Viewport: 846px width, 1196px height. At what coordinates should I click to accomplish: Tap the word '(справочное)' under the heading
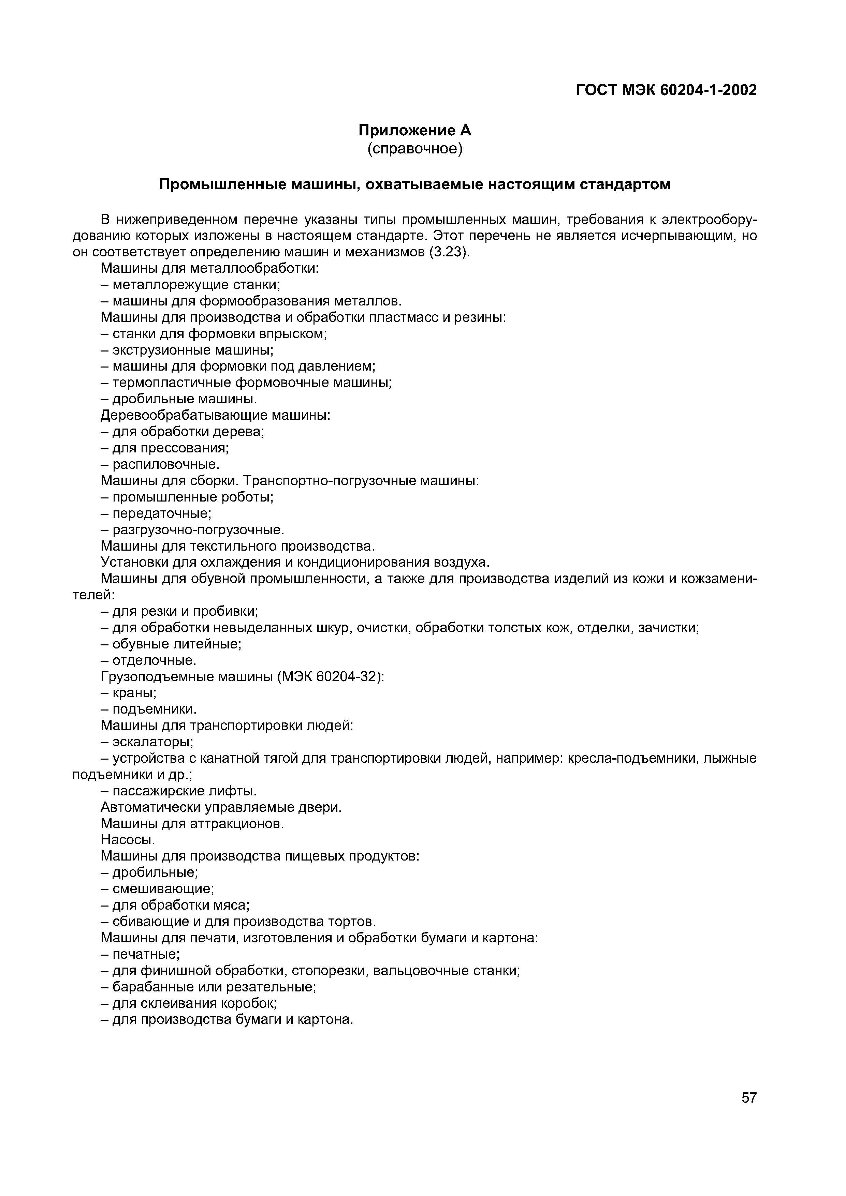414,149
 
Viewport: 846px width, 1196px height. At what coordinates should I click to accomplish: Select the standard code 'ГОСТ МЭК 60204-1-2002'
666,90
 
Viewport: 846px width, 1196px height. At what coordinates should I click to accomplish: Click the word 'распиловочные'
164,464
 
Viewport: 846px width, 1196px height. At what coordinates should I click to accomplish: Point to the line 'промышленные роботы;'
193,497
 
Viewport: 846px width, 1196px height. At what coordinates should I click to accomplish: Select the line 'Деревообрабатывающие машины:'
215,415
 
